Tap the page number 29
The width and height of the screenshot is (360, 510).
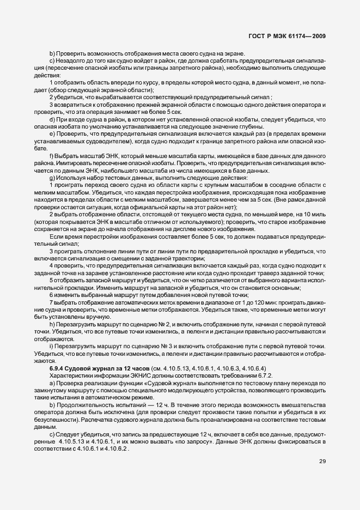(x=322, y=462)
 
